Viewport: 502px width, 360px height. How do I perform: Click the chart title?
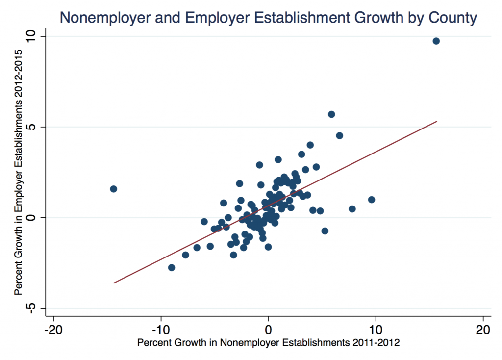coord(268,18)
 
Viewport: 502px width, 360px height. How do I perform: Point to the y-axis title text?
coord(19,172)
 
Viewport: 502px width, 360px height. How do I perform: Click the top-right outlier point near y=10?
coord(436,41)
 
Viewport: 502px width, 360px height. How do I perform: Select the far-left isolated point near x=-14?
coord(113,189)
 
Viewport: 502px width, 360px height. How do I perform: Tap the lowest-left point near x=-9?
coord(172,267)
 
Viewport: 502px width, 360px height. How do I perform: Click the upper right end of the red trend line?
coord(436,121)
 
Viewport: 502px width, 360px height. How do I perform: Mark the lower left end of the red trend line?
coord(114,283)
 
